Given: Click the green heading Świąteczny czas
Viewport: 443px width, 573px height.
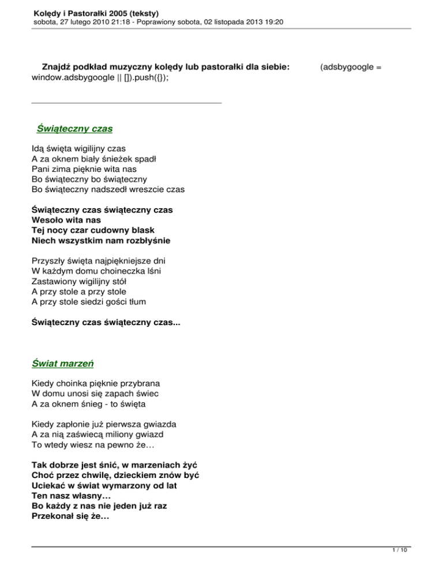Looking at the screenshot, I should [74, 128].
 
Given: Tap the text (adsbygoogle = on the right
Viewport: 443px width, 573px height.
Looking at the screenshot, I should [350, 67].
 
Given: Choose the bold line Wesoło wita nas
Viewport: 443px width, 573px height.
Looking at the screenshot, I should [66, 220].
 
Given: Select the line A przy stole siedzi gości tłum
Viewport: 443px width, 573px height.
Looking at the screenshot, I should [91, 302].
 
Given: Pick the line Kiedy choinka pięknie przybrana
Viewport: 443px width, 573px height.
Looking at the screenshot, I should [96, 383].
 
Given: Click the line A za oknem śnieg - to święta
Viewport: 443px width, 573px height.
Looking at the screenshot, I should [88, 404].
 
